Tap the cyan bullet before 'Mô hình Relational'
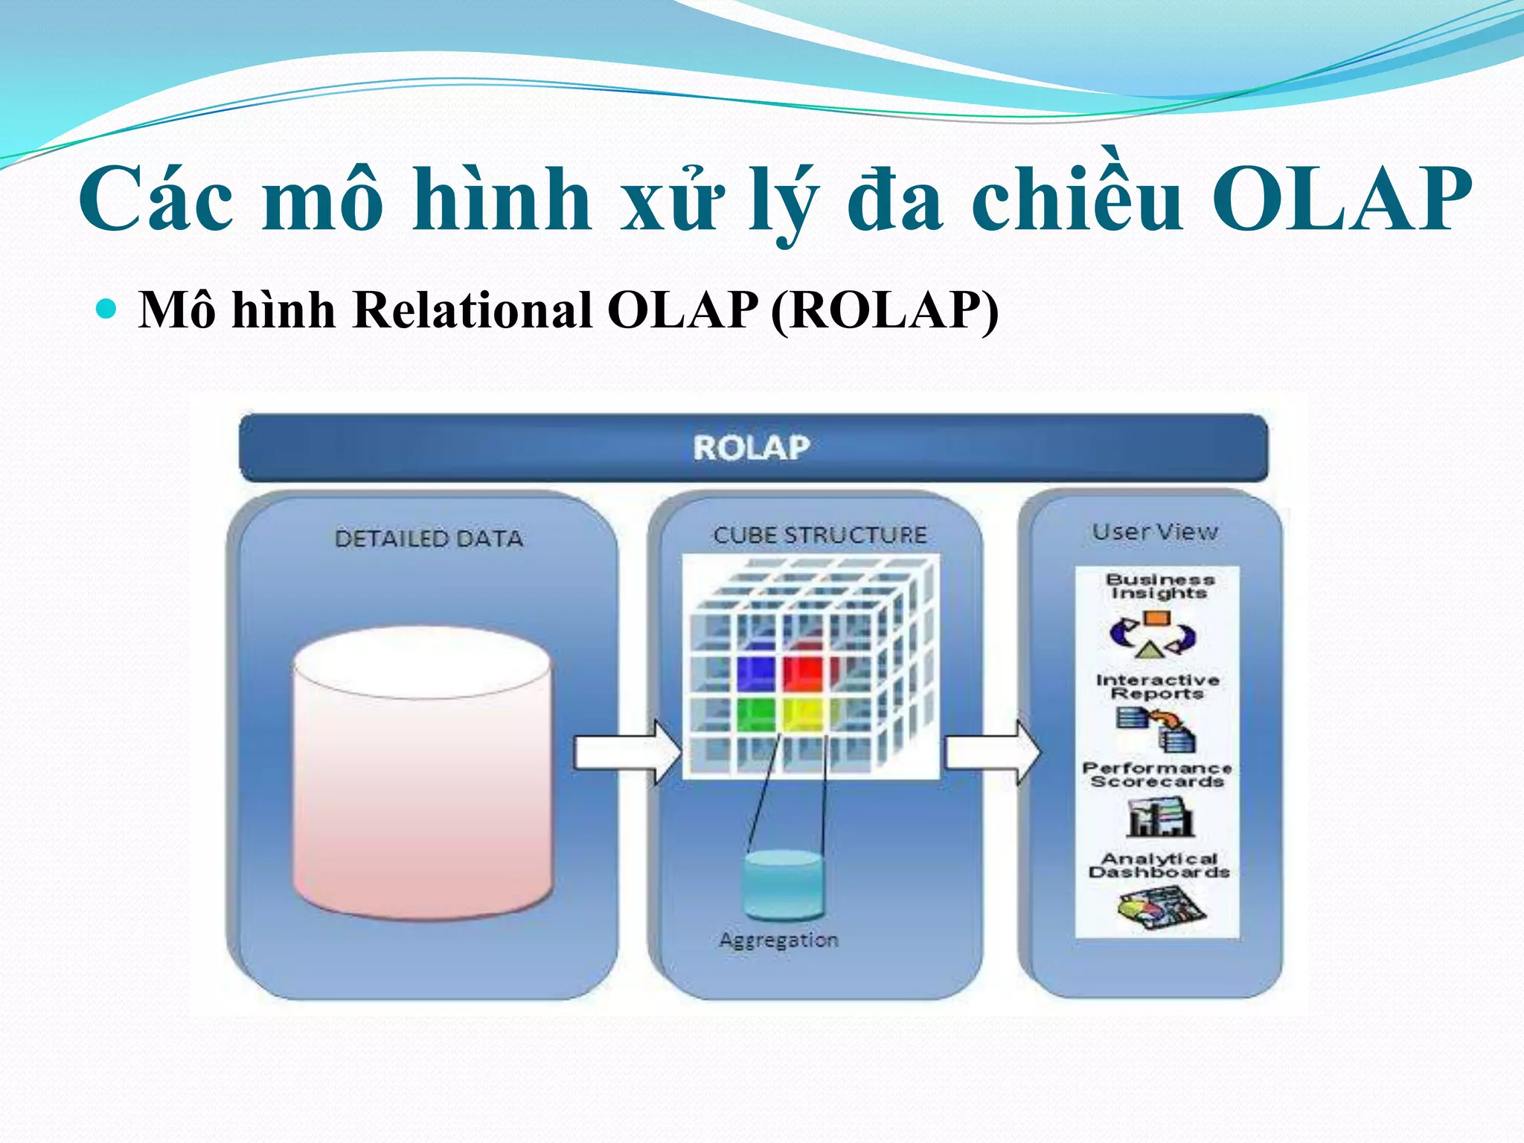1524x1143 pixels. (107, 308)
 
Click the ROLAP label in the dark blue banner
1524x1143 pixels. (752, 448)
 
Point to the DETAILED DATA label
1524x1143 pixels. (429, 539)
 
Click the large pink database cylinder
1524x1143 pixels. (423, 774)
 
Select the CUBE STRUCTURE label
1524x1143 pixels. (820, 535)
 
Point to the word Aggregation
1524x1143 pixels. (779, 941)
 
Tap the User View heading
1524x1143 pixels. (1155, 532)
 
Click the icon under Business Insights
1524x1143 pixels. (1153, 635)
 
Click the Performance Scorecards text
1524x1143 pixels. (1157, 775)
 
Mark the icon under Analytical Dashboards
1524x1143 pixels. (1159, 909)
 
